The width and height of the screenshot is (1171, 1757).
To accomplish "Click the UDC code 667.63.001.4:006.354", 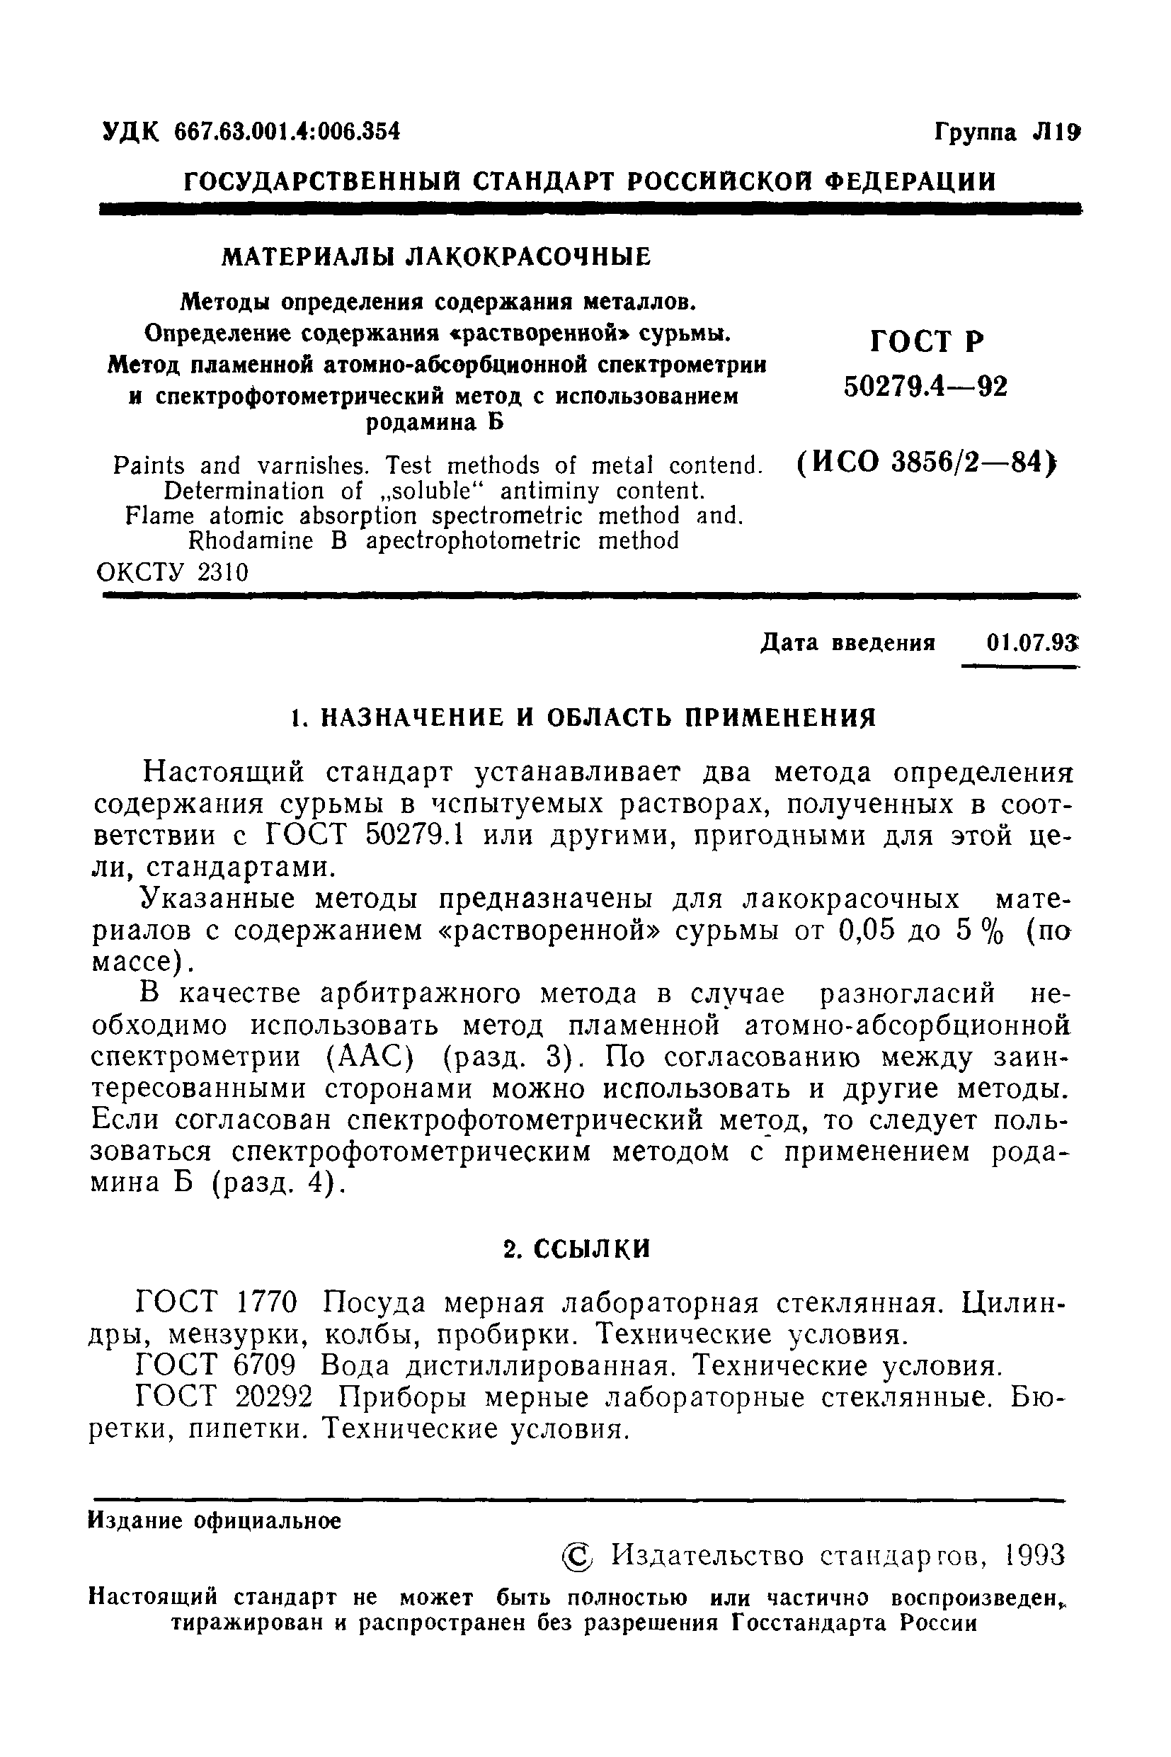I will (287, 132).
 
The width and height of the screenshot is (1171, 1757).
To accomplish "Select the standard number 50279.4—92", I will (925, 387).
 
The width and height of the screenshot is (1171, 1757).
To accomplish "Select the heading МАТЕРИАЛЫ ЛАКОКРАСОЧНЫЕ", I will (437, 257).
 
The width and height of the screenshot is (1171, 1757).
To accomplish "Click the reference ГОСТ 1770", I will (217, 1303).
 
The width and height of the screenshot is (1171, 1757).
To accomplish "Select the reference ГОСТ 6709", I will (217, 1366).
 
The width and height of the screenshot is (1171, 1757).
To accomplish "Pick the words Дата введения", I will (847, 642).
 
